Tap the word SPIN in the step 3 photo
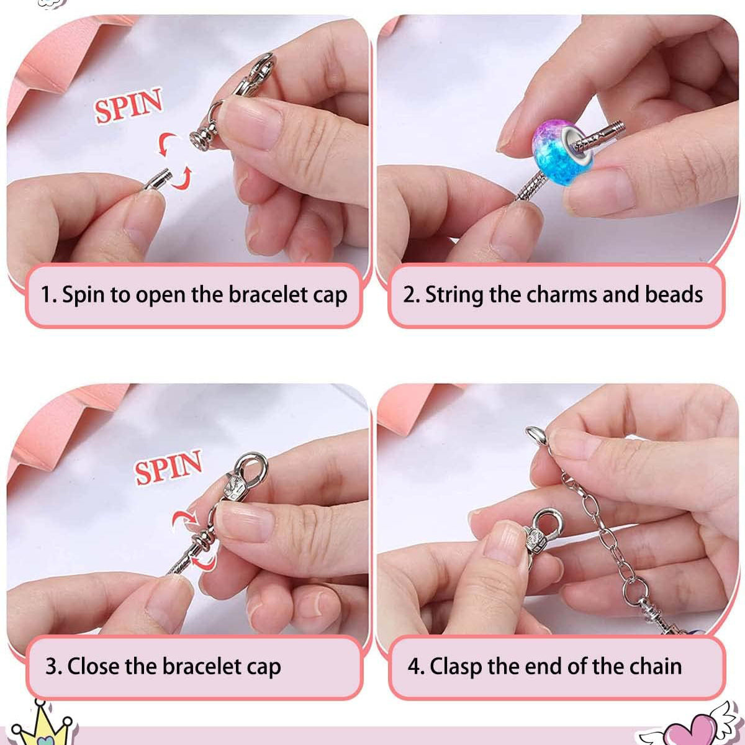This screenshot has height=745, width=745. [169, 466]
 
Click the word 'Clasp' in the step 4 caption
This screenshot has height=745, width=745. [456, 667]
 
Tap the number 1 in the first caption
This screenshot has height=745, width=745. [46, 294]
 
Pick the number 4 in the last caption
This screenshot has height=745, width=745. [414, 667]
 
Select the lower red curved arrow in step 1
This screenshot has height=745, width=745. [181, 178]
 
